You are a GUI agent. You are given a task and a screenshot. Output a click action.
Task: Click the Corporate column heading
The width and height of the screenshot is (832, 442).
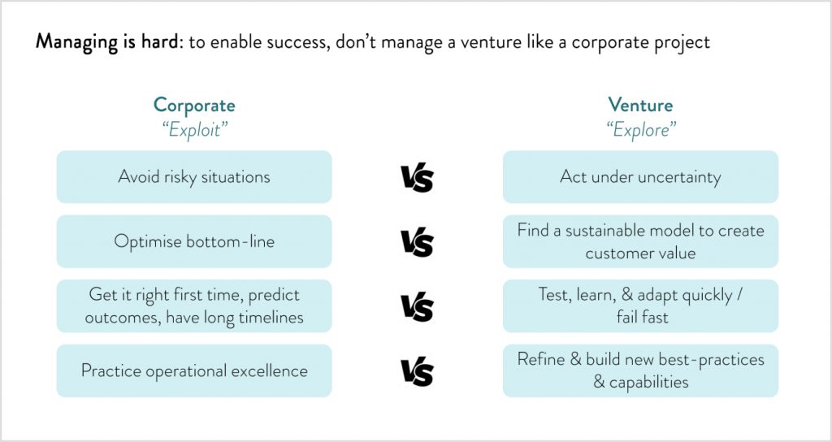[x=194, y=105]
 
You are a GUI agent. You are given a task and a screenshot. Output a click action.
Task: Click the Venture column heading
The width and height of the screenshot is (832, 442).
[x=640, y=105]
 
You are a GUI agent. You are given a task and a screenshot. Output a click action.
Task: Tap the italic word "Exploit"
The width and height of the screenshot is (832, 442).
[x=194, y=129]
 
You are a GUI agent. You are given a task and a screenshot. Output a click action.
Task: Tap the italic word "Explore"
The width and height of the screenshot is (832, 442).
[x=641, y=129]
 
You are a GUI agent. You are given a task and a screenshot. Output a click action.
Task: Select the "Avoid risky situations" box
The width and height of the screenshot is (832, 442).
[x=194, y=176]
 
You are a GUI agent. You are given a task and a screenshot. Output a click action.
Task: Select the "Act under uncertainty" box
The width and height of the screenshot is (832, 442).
[x=640, y=176]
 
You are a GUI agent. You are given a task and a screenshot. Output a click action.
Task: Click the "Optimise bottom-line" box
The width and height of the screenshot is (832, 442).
[x=194, y=241]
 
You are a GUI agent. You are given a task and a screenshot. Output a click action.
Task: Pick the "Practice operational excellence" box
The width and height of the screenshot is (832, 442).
[x=194, y=370]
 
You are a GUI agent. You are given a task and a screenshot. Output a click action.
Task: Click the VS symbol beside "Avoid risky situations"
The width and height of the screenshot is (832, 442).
[x=417, y=178]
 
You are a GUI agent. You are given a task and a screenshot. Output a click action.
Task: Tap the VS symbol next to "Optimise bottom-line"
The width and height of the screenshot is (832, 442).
[x=417, y=242]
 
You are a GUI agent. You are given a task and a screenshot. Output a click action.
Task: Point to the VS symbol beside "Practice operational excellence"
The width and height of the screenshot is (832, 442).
[x=417, y=371]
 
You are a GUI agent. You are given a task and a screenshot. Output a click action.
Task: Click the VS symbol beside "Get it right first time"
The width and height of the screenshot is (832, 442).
[x=417, y=306]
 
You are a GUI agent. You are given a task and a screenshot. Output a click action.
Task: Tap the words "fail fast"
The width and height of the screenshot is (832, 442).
[x=642, y=318]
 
